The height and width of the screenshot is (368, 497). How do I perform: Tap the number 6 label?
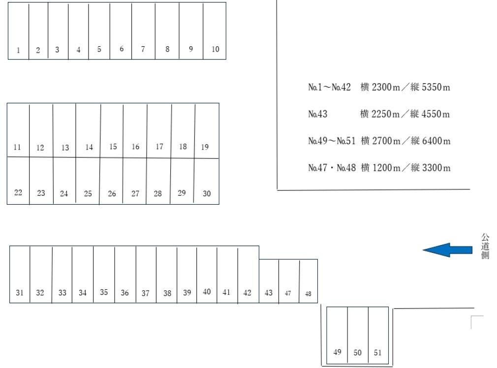(122, 49)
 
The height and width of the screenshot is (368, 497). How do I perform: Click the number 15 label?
(113, 147)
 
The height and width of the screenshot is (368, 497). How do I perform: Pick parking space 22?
(18, 181)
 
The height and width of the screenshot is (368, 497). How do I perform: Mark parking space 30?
(207, 182)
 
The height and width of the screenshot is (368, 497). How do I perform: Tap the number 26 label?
(112, 194)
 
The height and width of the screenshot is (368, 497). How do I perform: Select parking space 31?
(20, 274)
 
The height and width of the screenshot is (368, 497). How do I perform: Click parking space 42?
(248, 274)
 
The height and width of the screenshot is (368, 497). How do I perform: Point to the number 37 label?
(145, 293)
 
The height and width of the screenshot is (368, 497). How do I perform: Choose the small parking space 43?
(269, 281)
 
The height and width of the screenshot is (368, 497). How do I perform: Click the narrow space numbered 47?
(289, 281)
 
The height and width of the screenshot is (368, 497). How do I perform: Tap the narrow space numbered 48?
(309, 281)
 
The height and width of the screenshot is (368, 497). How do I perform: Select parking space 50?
(358, 335)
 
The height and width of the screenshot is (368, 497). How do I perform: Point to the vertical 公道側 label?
(485, 246)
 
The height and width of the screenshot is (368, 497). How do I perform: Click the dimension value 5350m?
(436, 88)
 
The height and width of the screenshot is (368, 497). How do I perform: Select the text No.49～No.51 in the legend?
(332, 141)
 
